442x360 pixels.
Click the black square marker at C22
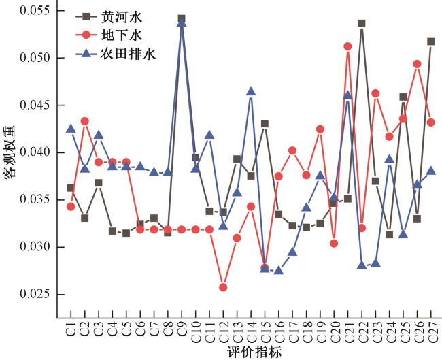(x=362, y=23)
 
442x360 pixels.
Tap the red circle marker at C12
(x=223, y=287)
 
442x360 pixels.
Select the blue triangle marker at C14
(x=251, y=91)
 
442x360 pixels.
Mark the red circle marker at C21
(x=347, y=46)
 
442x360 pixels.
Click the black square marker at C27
(x=431, y=42)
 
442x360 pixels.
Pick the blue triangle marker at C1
(x=71, y=128)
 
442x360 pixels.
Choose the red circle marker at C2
(x=84, y=121)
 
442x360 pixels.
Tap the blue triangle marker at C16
(x=279, y=270)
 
